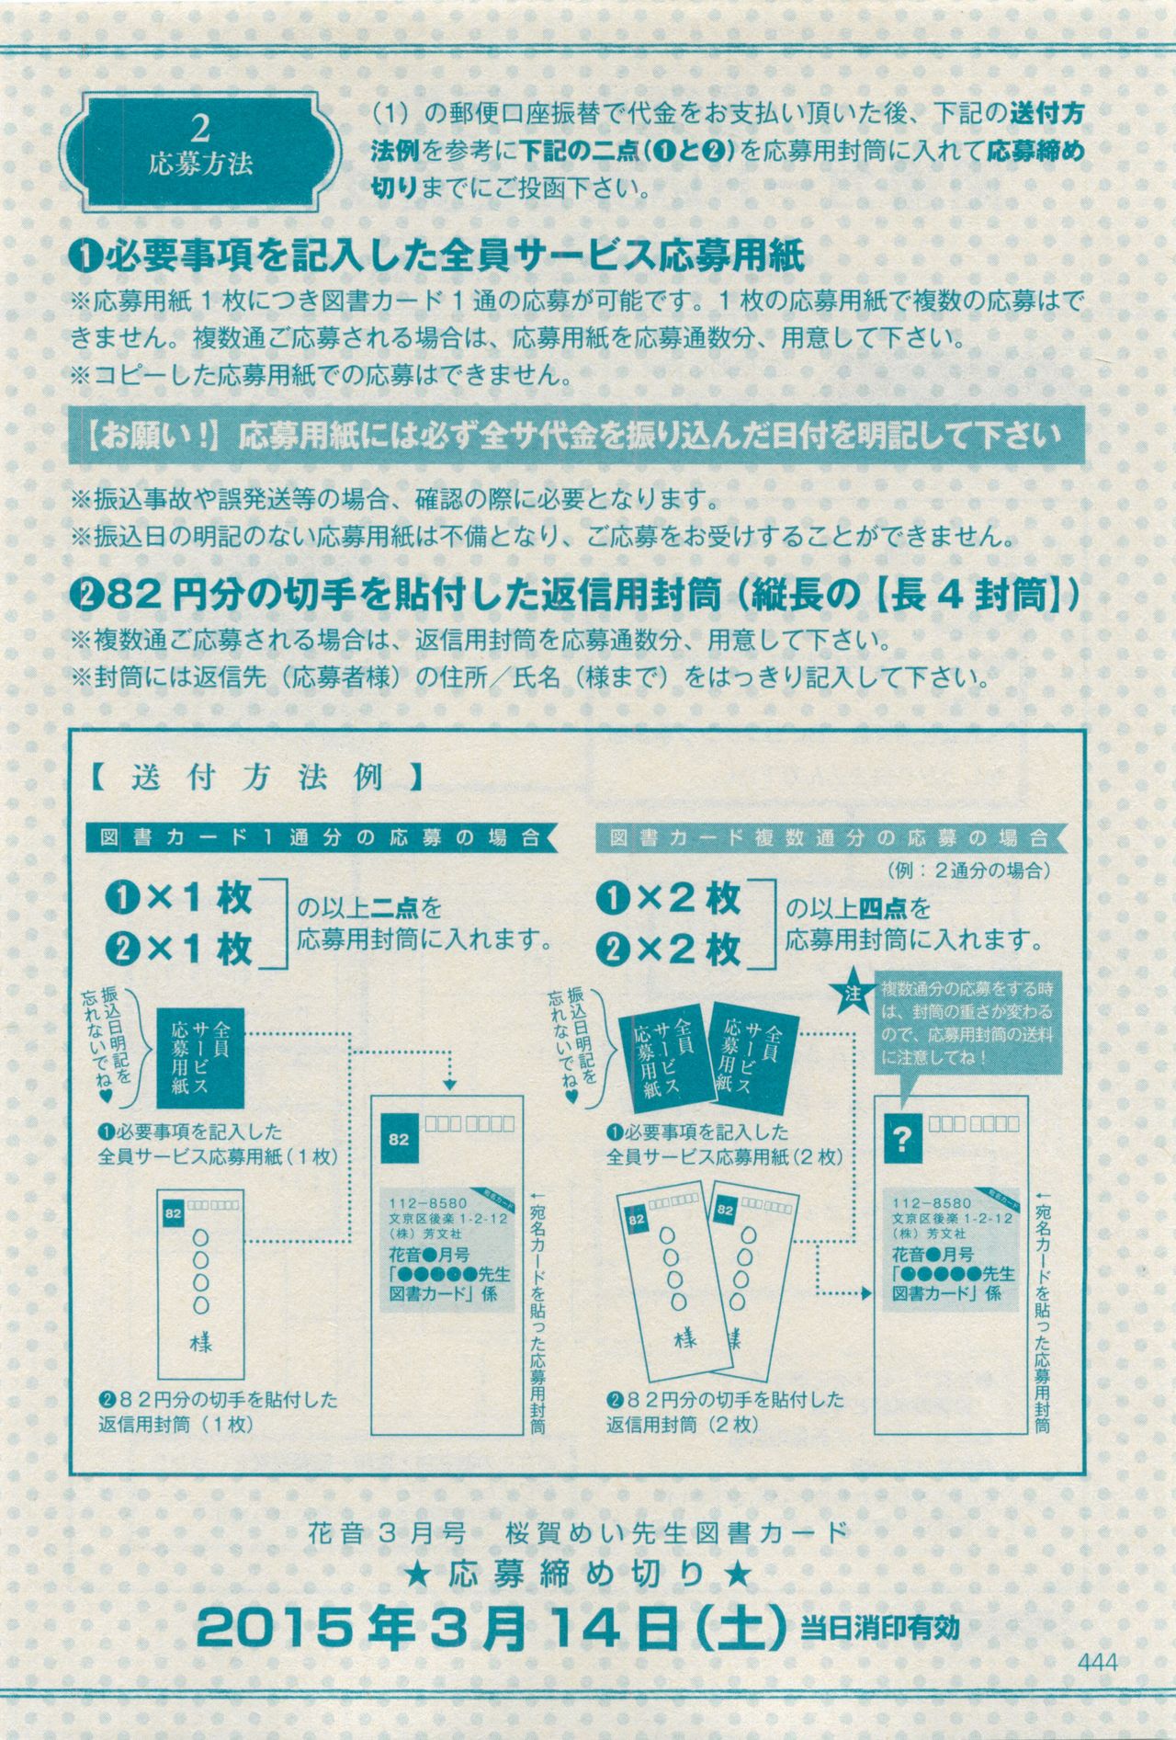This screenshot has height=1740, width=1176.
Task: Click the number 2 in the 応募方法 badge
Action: [x=200, y=127]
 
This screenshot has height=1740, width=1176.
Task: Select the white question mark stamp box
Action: [x=902, y=1140]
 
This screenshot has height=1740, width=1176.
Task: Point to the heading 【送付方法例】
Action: [x=256, y=778]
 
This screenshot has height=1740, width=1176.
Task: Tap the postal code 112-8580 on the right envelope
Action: [x=931, y=1202]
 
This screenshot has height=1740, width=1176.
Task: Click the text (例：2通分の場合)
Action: [x=967, y=870]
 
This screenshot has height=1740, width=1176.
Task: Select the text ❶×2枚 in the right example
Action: [x=667, y=899]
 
